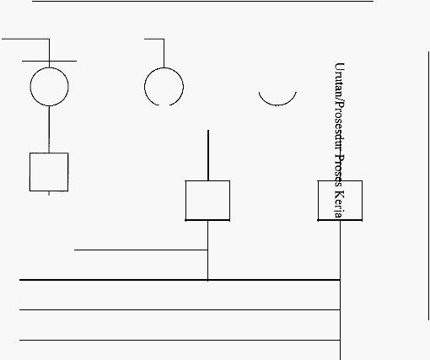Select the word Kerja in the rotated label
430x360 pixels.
[339, 204]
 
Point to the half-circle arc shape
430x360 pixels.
[277, 105]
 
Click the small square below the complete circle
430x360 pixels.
[30, 172]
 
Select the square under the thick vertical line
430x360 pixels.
[185, 201]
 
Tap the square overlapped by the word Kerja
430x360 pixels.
[318, 201]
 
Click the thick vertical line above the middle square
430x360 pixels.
[208, 155]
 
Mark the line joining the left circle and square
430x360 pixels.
[49, 130]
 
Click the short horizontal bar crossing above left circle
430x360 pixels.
[49, 61]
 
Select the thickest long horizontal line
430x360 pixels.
[180, 280]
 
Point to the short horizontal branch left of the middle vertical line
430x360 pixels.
[141, 250]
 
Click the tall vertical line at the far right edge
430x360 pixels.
[429, 185]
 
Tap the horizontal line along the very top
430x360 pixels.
[203, 1]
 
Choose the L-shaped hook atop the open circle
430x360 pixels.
[164, 53]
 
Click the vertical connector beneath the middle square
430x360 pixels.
[208, 250]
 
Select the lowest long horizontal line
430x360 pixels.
[180, 340]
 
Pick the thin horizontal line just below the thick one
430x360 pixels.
[180, 309]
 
